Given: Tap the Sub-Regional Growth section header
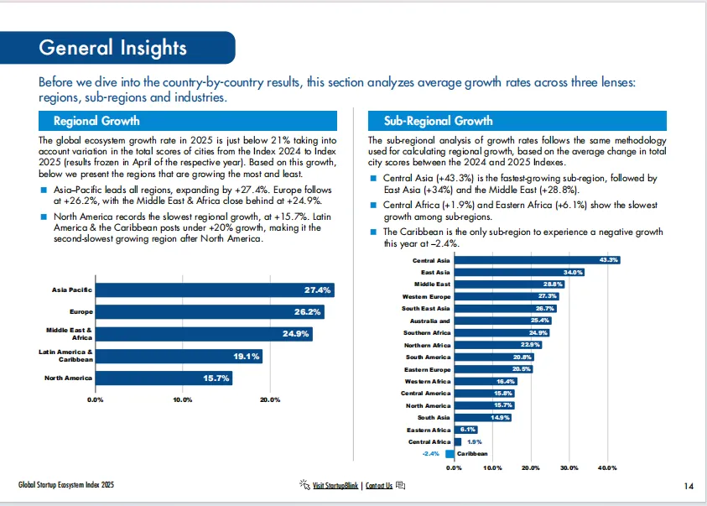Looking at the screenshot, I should pyautogui.click(x=438, y=121).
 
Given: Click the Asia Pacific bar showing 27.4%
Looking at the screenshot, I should pyautogui.click(x=214, y=290).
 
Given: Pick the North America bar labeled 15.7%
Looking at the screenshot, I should pyautogui.click(x=163, y=378).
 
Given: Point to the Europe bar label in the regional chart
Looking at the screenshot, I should pyautogui.click(x=81, y=312).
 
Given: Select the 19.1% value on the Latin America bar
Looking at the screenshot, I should pyautogui.click(x=247, y=357).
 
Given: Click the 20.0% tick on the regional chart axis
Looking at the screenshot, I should pyautogui.click(x=270, y=399).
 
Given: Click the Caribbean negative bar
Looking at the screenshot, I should pyautogui.click(x=450, y=454).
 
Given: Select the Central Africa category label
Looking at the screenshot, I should pyautogui.click(x=429, y=442).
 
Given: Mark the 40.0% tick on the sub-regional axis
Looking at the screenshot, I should pyautogui.click(x=607, y=467).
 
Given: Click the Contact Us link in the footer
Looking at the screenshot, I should pyautogui.click(x=378, y=486).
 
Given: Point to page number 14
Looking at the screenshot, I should pyautogui.click(x=689, y=486).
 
